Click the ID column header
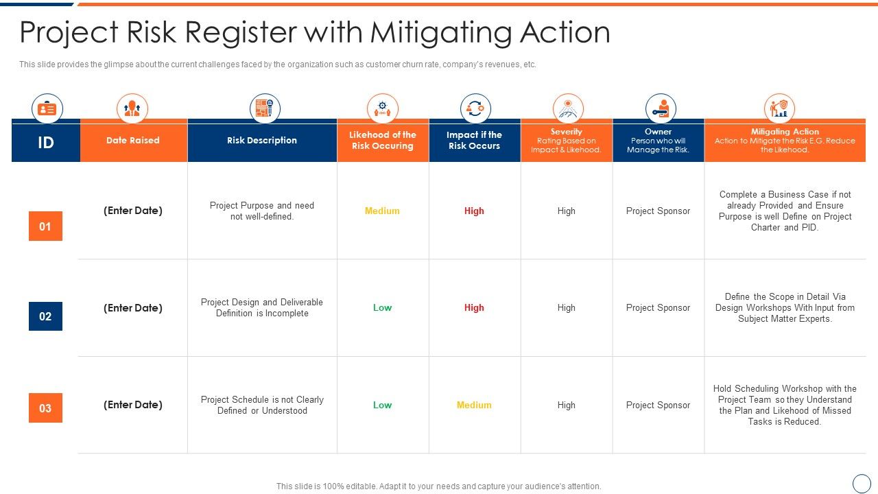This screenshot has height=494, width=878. (x=45, y=143)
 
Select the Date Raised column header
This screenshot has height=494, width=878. (x=132, y=141)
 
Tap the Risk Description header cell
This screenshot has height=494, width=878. (x=262, y=141)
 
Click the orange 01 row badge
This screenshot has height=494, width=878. (x=45, y=226)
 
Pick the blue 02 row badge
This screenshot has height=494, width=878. (x=45, y=316)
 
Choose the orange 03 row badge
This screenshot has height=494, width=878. (x=45, y=408)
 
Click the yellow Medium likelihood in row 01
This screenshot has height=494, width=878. (x=382, y=211)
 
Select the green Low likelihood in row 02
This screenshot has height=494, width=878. (x=382, y=308)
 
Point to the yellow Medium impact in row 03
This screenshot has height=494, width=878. (x=474, y=405)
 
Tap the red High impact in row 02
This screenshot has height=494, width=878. (x=474, y=308)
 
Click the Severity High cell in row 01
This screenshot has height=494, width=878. (x=566, y=211)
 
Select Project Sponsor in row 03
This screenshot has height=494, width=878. (x=658, y=405)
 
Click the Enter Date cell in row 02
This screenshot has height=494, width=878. (x=133, y=308)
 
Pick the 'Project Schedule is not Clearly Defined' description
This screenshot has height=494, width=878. (x=262, y=405)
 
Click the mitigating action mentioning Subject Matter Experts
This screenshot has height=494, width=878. (x=785, y=308)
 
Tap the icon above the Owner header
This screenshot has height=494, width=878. (x=661, y=108)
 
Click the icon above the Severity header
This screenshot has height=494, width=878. (x=568, y=108)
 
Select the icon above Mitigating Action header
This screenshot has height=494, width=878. (x=779, y=108)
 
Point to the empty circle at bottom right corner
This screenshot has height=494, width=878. (x=862, y=483)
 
